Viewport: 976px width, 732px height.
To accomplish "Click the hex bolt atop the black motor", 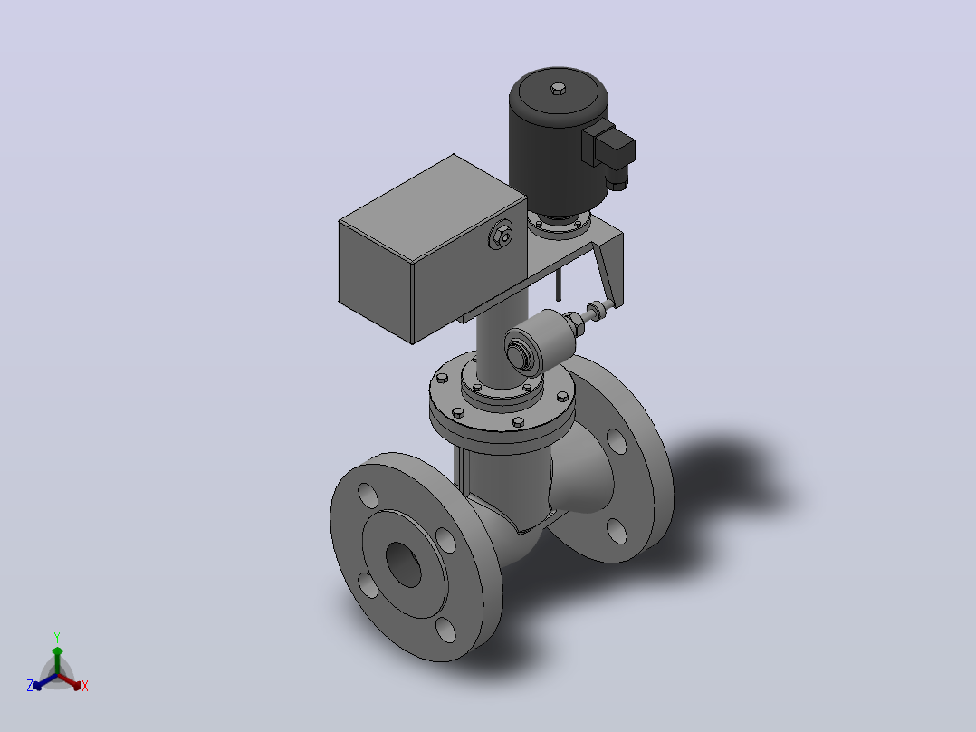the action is point(559,89).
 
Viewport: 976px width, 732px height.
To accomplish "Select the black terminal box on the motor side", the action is point(608,147).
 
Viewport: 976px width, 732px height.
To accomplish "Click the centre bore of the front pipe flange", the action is point(404,564).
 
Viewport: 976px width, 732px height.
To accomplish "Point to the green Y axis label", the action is point(57,638).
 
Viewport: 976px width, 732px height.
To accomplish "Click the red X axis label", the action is point(85,686).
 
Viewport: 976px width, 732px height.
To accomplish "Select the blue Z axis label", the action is point(30,686).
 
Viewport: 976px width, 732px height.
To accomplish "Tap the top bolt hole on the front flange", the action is point(368,496).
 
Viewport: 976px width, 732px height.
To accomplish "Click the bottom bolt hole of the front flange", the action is point(445,630).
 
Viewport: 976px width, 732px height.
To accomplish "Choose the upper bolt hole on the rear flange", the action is point(617,441).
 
